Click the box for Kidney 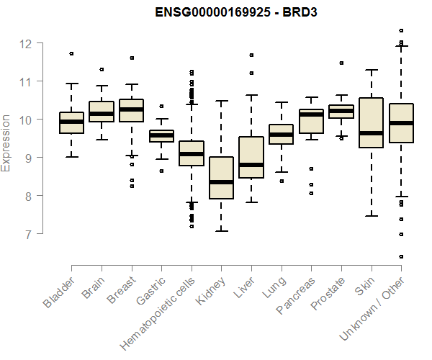pyautogui.click(x=221, y=178)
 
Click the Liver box pyautogui.click(x=251, y=157)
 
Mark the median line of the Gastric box pyautogui.click(x=161, y=135)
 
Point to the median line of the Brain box pyautogui.click(x=102, y=114)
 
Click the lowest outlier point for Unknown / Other pyautogui.click(x=401, y=256)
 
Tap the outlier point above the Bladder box pyautogui.click(x=71, y=53)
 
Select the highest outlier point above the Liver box pyautogui.click(x=251, y=55)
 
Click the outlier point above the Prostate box pyautogui.click(x=341, y=63)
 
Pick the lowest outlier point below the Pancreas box pyautogui.click(x=311, y=193)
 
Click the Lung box pyautogui.click(x=281, y=134)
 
